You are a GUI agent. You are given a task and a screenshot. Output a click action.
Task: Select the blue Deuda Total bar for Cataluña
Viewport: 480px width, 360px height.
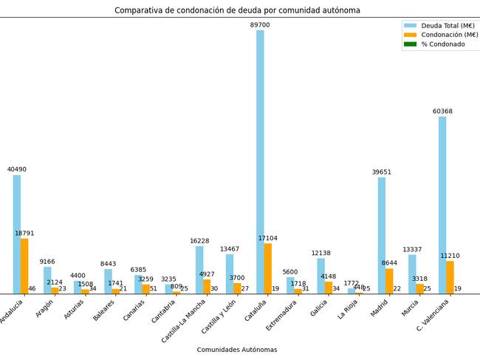click(x=260, y=163)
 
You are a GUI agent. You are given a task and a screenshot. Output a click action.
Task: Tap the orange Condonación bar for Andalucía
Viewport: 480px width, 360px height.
click(x=24, y=266)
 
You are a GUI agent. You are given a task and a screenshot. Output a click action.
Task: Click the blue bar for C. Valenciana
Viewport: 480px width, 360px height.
click(x=442, y=206)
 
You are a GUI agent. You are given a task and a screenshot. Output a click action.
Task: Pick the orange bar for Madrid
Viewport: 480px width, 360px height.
click(x=389, y=281)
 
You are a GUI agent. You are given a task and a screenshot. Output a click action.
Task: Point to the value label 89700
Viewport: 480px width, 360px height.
click(x=260, y=25)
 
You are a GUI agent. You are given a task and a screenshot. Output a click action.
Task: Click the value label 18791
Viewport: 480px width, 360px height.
click(x=24, y=234)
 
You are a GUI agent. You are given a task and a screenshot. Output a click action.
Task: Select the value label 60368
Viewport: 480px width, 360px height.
click(x=442, y=112)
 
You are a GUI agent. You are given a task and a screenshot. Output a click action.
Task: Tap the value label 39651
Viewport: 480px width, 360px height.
click(x=382, y=172)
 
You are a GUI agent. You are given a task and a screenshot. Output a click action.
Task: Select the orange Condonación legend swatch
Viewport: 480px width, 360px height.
click(x=410, y=35)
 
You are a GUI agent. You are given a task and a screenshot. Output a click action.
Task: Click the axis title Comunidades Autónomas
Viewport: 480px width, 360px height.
click(x=237, y=350)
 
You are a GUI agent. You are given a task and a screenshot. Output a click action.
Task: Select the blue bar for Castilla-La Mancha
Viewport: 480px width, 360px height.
click(x=199, y=270)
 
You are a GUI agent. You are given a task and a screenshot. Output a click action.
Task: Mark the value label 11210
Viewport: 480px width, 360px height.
click(x=450, y=256)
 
